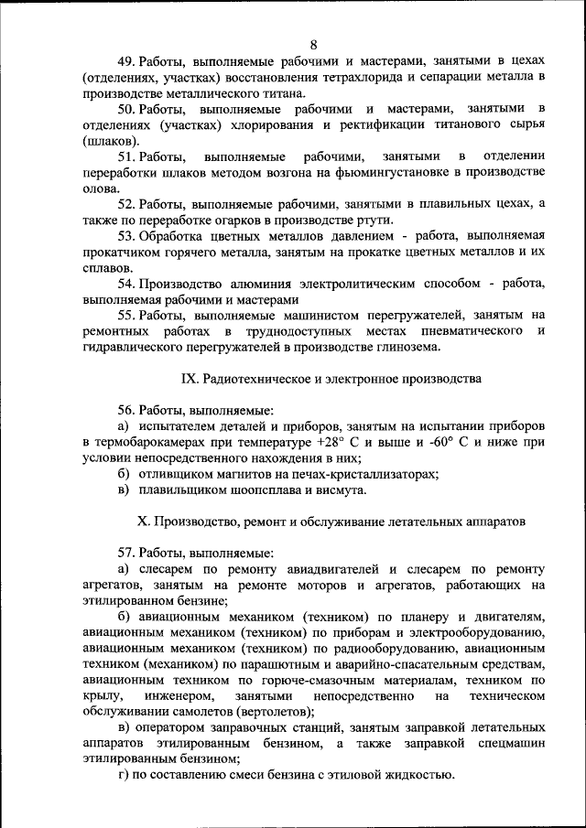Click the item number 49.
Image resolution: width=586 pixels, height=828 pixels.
pyautogui.click(x=127, y=61)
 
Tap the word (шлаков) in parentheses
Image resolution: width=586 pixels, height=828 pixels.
pyautogui.click(x=111, y=140)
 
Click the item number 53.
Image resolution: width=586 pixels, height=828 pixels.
pyautogui.click(x=127, y=235)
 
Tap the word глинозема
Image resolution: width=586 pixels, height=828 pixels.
pyautogui.click(x=409, y=346)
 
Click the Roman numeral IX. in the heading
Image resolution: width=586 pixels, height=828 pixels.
pyautogui.click(x=187, y=377)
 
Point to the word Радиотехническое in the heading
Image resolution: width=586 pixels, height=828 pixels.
pyautogui.click(x=259, y=377)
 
